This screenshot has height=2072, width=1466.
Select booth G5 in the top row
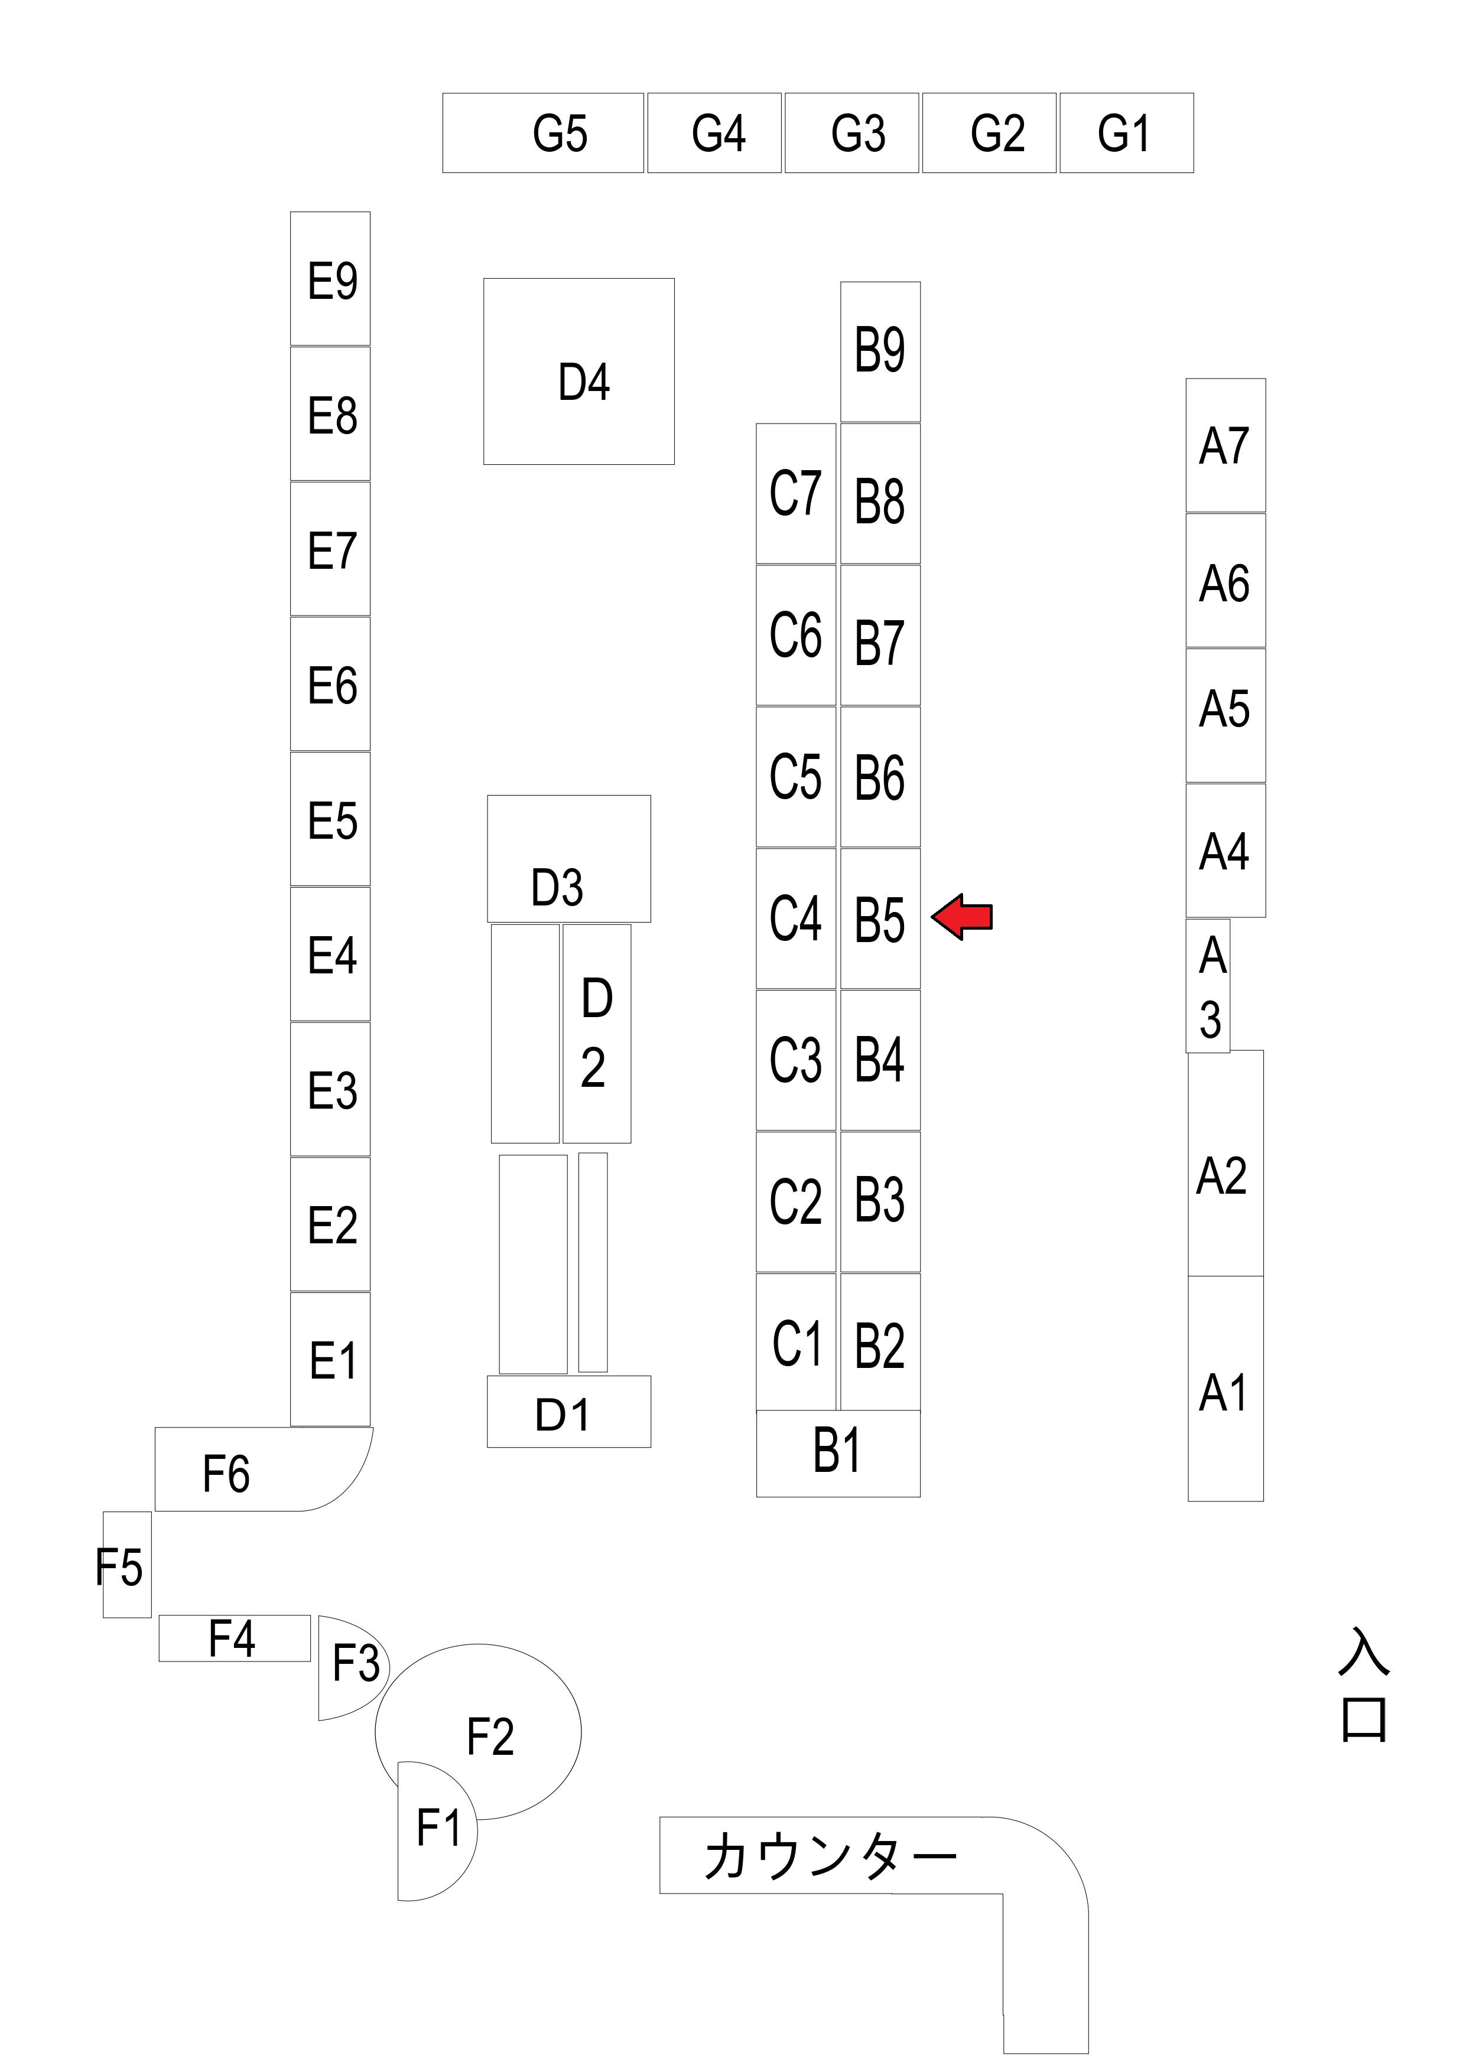click(x=544, y=133)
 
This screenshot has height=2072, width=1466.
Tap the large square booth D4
click(x=578, y=372)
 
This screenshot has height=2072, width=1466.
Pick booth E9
click(x=330, y=279)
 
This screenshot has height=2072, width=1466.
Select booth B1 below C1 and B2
click(x=838, y=1453)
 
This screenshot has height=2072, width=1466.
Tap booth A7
click(x=1225, y=446)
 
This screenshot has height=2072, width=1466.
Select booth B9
click(x=880, y=351)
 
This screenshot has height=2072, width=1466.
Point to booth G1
click(x=1126, y=133)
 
